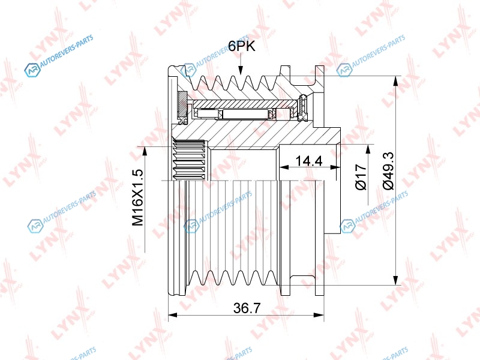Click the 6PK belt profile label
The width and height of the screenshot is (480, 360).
point(242,47)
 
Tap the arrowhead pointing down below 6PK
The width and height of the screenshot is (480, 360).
point(241,70)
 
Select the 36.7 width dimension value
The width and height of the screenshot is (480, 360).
point(246,308)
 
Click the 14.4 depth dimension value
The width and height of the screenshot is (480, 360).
point(309,160)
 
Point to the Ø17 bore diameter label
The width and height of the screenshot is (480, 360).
point(361,177)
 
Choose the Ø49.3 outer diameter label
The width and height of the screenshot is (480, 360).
point(388,171)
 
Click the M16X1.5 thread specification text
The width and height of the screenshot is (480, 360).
point(137,197)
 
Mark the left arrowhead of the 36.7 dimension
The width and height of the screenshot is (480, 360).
point(173,314)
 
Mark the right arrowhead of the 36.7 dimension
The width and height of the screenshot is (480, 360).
point(319,314)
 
